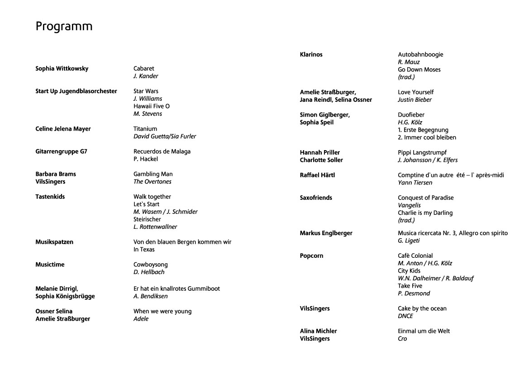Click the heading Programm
pyautogui.click(x=64, y=27)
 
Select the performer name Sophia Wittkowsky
pyautogui.click(x=62, y=69)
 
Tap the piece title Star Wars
pyautogui.click(x=146, y=91)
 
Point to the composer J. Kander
pyautogui.click(x=146, y=76)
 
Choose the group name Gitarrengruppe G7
pyautogui.click(x=61, y=151)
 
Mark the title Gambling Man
pyautogui.click(x=153, y=174)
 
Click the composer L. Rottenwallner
pyautogui.click(x=155, y=227)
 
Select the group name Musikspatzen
pyautogui.click(x=54, y=242)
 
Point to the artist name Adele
pyautogui.click(x=141, y=319)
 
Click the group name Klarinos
pyautogui.click(x=311, y=55)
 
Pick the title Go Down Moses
pyautogui.click(x=419, y=70)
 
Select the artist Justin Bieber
pyautogui.click(x=415, y=100)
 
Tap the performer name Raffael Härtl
pyautogui.click(x=317, y=175)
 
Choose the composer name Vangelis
pyautogui.click(x=409, y=205)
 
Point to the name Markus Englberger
pyautogui.click(x=326, y=233)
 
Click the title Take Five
pyautogui.click(x=410, y=286)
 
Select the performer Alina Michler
pyautogui.click(x=318, y=331)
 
